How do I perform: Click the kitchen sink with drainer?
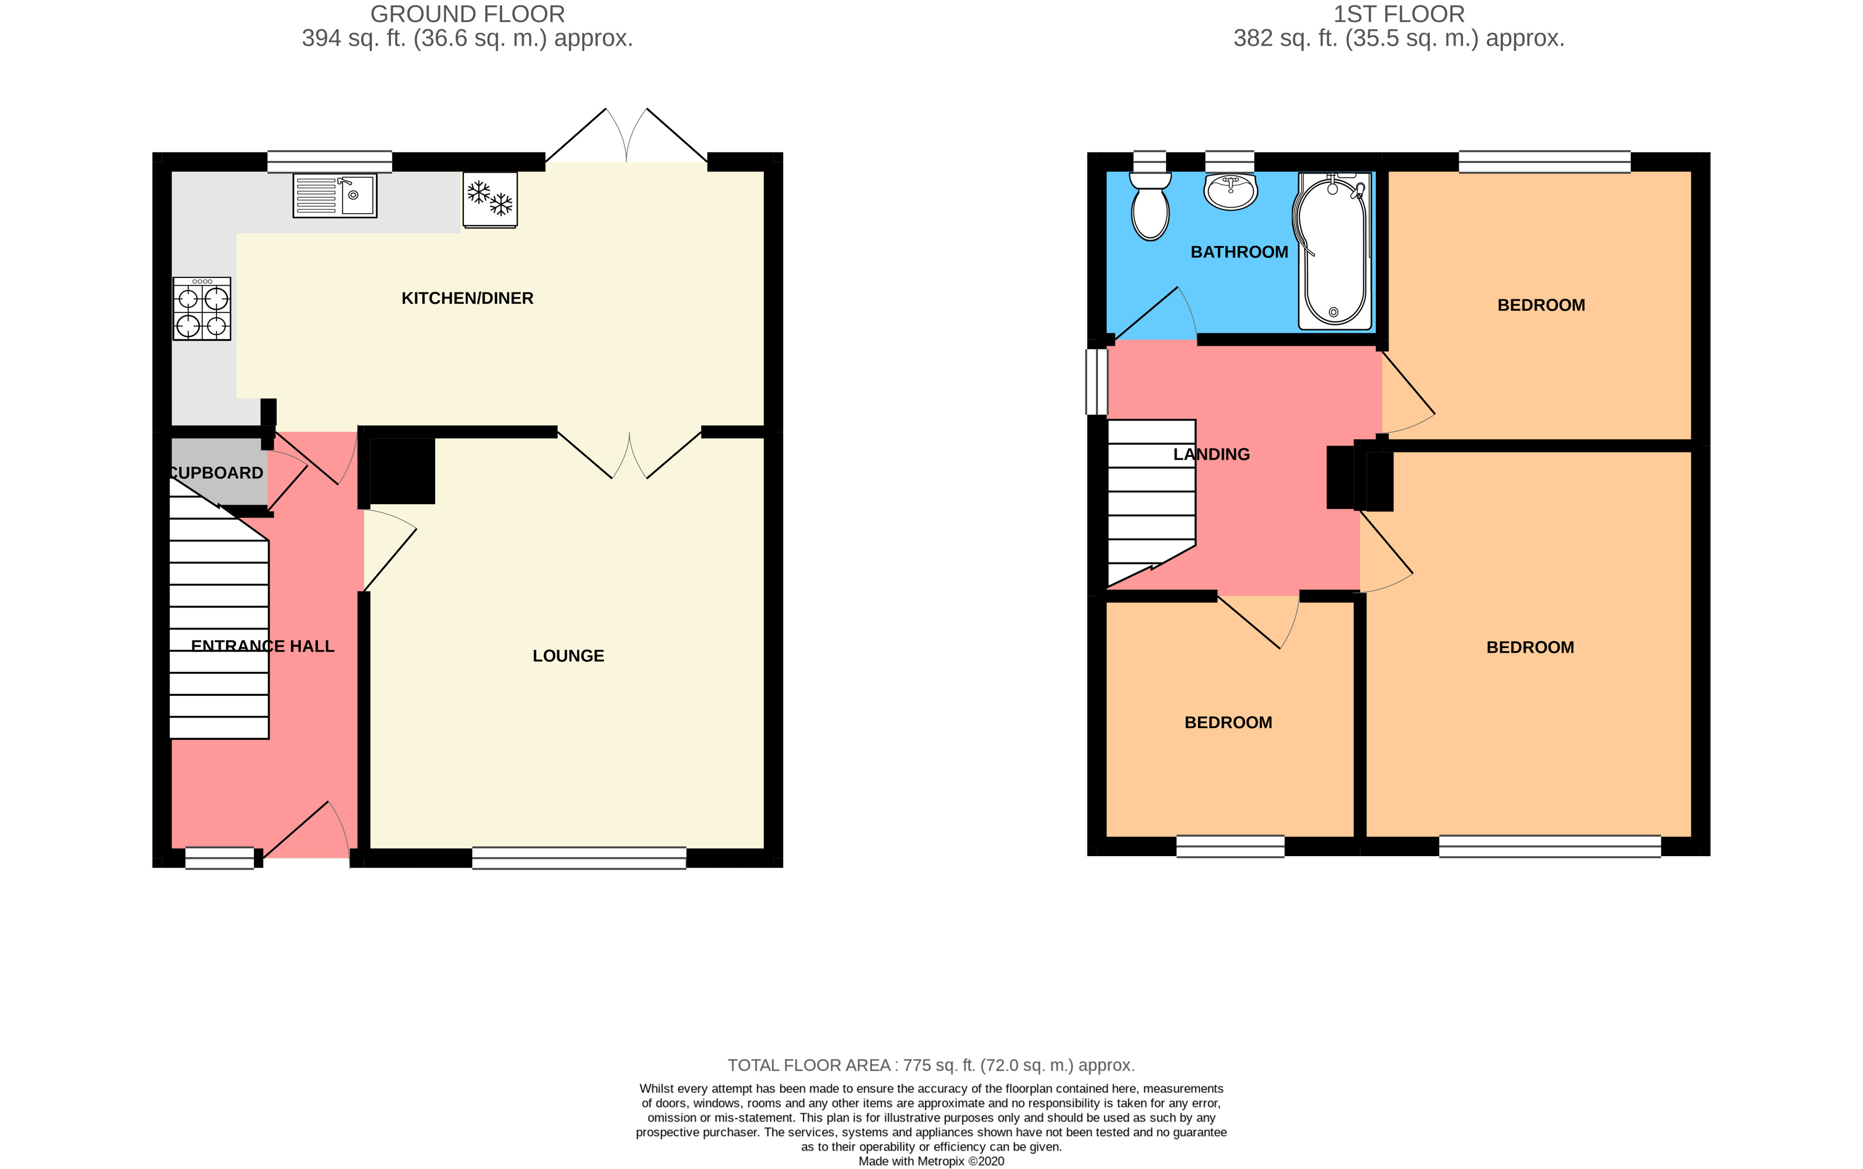[334, 195]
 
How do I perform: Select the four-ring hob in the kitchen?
[202, 309]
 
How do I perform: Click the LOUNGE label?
[568, 655]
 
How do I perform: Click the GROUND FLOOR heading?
[467, 14]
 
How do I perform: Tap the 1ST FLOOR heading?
[1398, 14]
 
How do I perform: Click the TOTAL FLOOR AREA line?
[930, 1065]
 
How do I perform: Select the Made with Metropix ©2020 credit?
[930, 1161]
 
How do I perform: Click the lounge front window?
[579, 858]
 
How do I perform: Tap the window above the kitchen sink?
[329, 161]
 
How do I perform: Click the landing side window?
[1096, 382]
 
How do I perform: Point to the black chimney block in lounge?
[402, 471]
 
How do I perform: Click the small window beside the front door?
[219, 858]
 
